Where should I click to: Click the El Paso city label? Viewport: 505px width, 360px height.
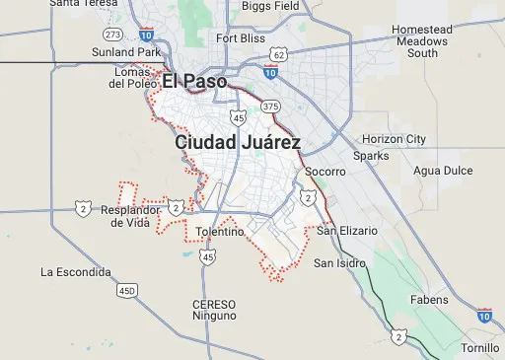(194, 81)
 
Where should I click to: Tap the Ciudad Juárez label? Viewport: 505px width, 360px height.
(238, 143)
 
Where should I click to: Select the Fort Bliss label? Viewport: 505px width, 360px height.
(241, 38)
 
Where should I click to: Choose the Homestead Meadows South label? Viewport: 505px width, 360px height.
(422, 41)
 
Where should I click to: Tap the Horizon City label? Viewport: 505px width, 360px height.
(394, 139)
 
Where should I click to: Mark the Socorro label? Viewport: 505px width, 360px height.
(325, 172)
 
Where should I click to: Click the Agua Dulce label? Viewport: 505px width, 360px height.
(444, 170)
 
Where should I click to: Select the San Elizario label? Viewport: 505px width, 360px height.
(347, 231)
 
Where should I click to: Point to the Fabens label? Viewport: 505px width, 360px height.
(429, 300)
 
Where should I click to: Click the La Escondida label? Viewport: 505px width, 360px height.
(75, 271)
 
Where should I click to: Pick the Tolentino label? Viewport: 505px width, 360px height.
(220, 232)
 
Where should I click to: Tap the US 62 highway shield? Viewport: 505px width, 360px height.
(280, 54)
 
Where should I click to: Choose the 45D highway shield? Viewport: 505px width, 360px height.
(126, 291)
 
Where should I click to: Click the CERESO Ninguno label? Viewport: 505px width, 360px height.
(214, 310)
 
